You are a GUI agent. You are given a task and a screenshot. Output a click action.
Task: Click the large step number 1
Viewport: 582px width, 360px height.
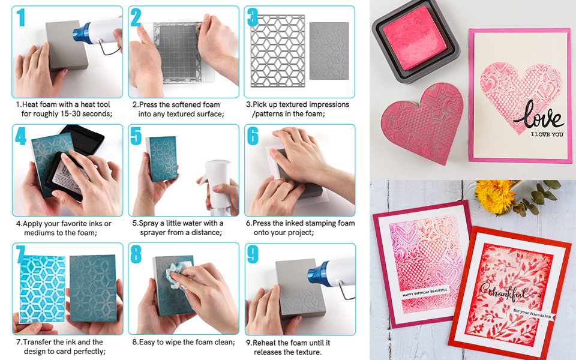pos(22,18)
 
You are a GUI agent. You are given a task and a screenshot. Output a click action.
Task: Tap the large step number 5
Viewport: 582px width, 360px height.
pos(136,136)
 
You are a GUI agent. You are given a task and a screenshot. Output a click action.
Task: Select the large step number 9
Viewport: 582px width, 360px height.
pos(253,254)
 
